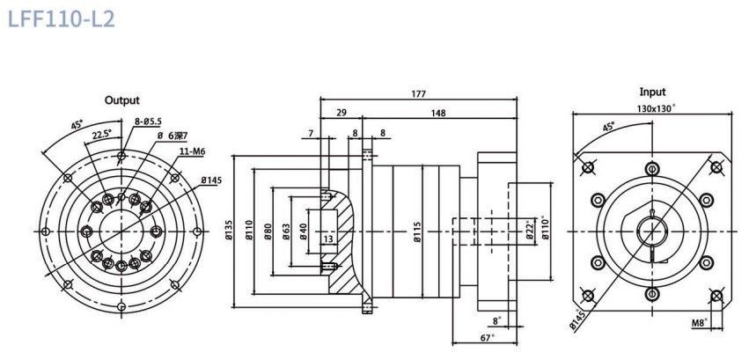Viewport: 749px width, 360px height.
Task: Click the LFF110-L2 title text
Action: (x=61, y=19)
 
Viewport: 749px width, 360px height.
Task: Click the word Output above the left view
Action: (x=121, y=100)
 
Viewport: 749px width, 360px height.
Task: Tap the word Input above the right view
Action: (x=652, y=92)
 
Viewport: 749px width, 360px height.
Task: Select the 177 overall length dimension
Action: (x=418, y=94)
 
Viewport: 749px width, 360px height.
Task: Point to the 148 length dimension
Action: (x=437, y=114)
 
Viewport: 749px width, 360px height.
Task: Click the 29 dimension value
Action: (x=341, y=113)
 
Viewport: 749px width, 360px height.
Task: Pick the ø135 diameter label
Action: (x=228, y=231)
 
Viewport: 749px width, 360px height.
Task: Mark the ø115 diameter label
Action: (x=417, y=231)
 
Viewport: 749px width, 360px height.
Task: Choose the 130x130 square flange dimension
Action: (x=656, y=108)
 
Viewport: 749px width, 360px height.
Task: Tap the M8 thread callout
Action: (x=700, y=323)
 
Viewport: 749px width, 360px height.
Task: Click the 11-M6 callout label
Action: (x=193, y=151)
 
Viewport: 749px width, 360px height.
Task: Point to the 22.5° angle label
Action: (x=102, y=134)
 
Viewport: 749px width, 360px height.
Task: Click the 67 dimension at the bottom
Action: (x=486, y=338)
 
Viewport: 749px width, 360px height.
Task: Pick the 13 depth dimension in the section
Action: (x=327, y=239)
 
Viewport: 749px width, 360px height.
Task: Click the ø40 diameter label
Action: (x=304, y=231)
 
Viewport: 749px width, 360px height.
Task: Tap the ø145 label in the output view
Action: (x=211, y=180)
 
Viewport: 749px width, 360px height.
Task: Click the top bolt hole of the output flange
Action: (x=121, y=156)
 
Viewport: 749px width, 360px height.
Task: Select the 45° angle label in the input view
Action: (x=608, y=127)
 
